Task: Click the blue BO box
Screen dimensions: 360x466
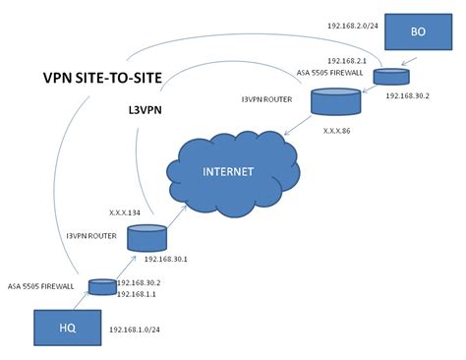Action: click(x=418, y=32)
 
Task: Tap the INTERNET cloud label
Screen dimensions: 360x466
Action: click(x=228, y=171)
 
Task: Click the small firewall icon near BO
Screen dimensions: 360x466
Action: click(x=390, y=76)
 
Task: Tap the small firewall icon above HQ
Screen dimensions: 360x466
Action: click(x=101, y=287)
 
